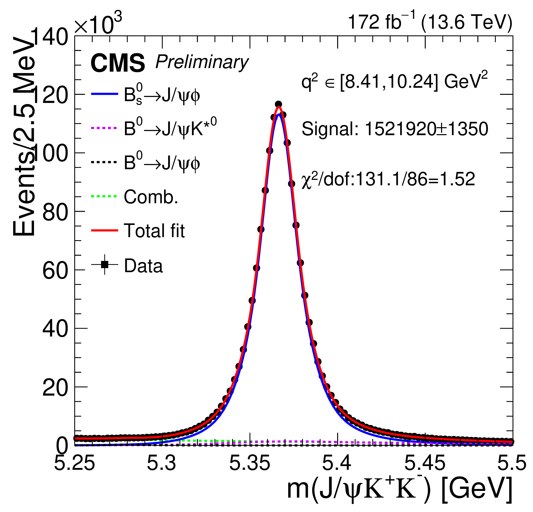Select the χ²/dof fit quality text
point(388,180)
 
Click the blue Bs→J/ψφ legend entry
point(145,95)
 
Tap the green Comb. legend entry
point(135,197)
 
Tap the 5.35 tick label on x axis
point(250,463)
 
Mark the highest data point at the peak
point(278,104)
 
